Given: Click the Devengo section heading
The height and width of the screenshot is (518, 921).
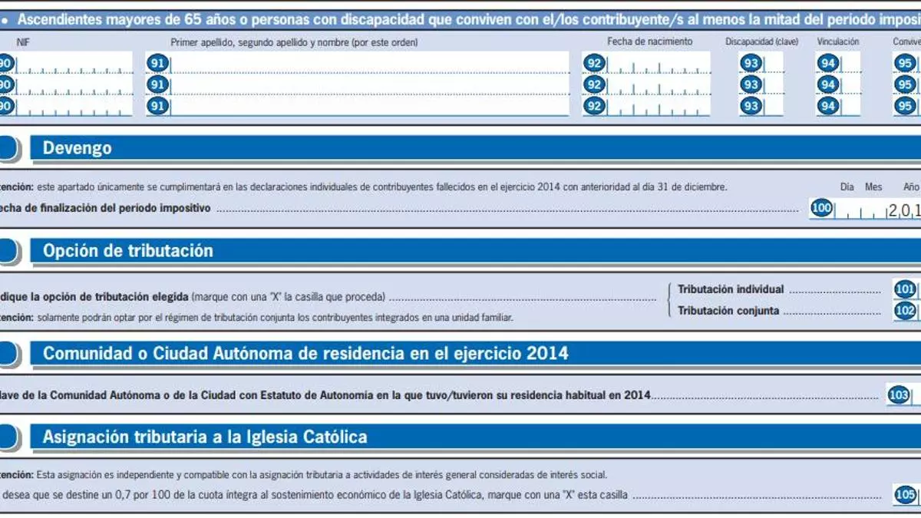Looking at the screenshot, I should (x=77, y=148).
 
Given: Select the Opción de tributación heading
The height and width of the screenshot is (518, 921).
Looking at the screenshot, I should (x=127, y=251).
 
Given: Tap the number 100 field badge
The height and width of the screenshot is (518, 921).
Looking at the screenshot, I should (x=821, y=208).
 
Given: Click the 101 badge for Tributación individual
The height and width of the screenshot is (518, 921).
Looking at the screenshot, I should (x=905, y=289).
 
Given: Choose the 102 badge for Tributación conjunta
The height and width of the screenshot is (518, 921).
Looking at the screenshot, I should (x=905, y=311).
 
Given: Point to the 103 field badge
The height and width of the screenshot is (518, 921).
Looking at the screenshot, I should (x=898, y=396).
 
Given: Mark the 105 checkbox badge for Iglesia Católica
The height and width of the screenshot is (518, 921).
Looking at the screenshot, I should (x=905, y=495).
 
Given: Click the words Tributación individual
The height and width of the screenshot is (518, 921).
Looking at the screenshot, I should (x=731, y=289).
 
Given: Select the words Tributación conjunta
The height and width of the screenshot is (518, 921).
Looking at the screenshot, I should (x=728, y=311).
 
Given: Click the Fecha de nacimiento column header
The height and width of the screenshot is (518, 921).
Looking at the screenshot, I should (x=649, y=41).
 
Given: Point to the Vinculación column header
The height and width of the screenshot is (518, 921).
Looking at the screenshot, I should (x=838, y=42).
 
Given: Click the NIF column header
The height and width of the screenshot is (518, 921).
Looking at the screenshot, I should (x=23, y=43).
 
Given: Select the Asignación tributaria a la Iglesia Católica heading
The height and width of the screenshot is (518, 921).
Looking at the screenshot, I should (x=205, y=437).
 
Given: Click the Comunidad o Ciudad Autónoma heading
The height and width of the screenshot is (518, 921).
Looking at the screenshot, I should (x=305, y=354).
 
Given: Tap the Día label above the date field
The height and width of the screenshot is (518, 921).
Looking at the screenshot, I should (x=847, y=186).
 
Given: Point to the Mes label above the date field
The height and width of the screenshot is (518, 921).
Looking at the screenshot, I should (x=873, y=186).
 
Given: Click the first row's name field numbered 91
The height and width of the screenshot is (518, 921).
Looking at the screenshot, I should (x=368, y=63).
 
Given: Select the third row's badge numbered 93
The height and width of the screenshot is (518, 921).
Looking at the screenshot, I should (x=751, y=107).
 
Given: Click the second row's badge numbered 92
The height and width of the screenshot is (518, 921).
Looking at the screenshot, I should (x=594, y=84).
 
